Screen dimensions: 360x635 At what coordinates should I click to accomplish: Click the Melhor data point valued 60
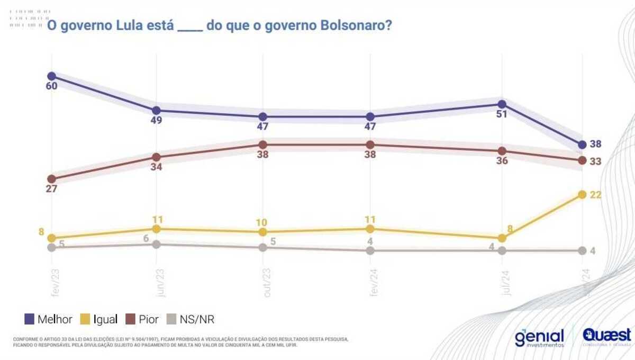51,76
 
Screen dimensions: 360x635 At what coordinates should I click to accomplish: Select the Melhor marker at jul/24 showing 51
502,104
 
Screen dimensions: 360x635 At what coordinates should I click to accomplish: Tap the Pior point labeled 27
51,179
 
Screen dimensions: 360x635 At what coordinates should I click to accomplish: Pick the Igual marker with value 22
582,194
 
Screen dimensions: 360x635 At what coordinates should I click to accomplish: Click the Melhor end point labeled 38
582,145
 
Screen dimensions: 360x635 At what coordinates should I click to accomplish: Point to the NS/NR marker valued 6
156,244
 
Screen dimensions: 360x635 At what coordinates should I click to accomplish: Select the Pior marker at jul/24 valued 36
502,151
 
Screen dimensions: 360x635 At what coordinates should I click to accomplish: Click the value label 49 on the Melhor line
156,120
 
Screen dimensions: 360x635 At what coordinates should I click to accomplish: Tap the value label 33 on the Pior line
595,161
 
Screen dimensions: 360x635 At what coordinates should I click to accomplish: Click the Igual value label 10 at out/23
262,222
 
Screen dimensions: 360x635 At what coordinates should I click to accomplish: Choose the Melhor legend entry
49,319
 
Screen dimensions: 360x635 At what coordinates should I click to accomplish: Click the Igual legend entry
98,319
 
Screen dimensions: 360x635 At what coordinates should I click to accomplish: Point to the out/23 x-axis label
266,283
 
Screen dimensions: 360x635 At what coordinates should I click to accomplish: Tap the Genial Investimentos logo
539,338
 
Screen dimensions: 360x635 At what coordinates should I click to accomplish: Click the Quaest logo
606,337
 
